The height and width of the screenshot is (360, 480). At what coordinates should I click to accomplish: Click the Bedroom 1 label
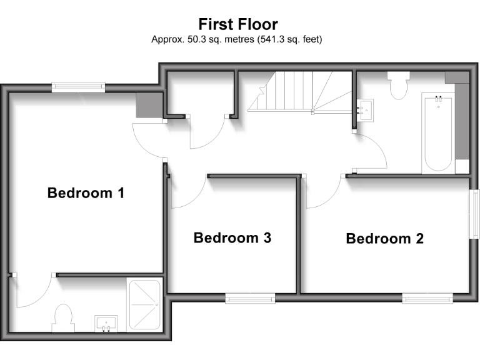86,193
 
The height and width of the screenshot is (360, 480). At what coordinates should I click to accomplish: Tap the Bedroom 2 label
384,238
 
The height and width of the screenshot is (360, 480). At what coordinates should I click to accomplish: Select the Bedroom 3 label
232,238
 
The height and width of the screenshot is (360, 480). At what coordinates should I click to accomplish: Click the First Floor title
238,24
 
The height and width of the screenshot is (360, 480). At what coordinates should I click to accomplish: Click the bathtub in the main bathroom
438,133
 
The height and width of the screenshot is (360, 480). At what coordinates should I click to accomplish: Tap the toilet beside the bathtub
397,86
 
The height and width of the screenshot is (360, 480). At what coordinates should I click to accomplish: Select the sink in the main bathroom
366,110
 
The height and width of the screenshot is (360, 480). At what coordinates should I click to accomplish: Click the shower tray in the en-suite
144,306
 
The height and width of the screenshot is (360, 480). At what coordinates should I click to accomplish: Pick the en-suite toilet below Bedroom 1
64,317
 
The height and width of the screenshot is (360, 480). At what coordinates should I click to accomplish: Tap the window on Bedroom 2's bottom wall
427,299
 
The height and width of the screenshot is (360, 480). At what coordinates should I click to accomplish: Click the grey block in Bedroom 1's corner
148,105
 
